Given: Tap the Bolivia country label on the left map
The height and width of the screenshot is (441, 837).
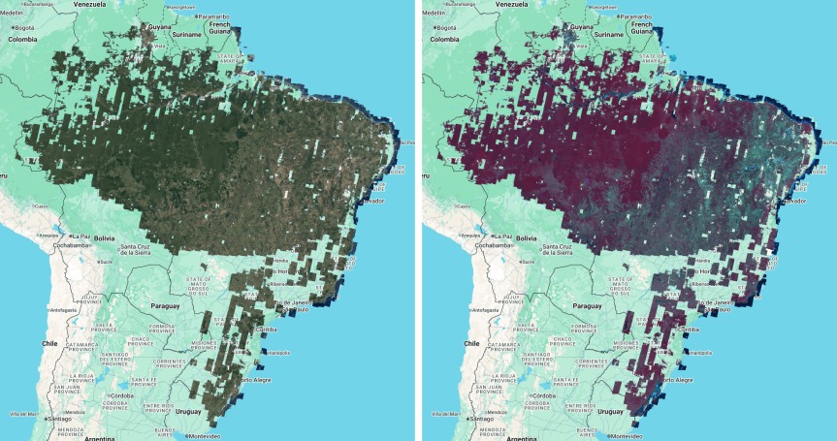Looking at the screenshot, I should tap(104, 237).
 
